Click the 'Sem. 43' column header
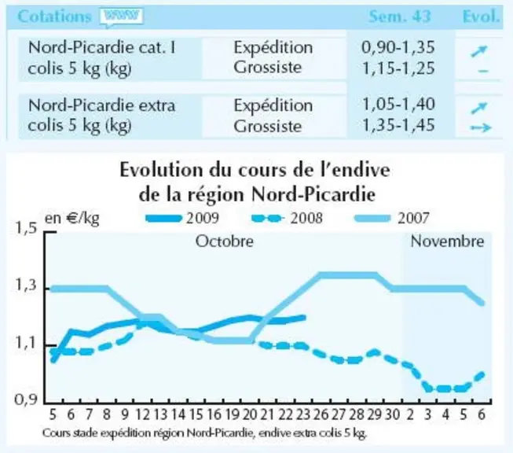[x=399, y=17]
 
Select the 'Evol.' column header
[x=482, y=17]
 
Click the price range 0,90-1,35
[x=398, y=47]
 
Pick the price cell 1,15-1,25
[x=398, y=68]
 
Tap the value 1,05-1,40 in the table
[x=398, y=105]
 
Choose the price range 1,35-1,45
[x=398, y=125]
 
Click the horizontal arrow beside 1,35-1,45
[x=481, y=127]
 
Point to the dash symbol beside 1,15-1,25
[x=484, y=71]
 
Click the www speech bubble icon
[x=122, y=17]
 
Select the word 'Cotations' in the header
[x=54, y=17]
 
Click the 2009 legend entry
[x=182, y=218]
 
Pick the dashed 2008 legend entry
[x=287, y=218]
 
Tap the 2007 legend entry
[x=392, y=218]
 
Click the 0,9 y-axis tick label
[x=25, y=400]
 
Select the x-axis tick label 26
[x=321, y=414]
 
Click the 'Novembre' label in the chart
[x=447, y=241]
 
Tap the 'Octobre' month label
[x=225, y=241]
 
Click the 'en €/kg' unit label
[x=72, y=218]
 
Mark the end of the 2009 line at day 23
[x=304, y=318]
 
